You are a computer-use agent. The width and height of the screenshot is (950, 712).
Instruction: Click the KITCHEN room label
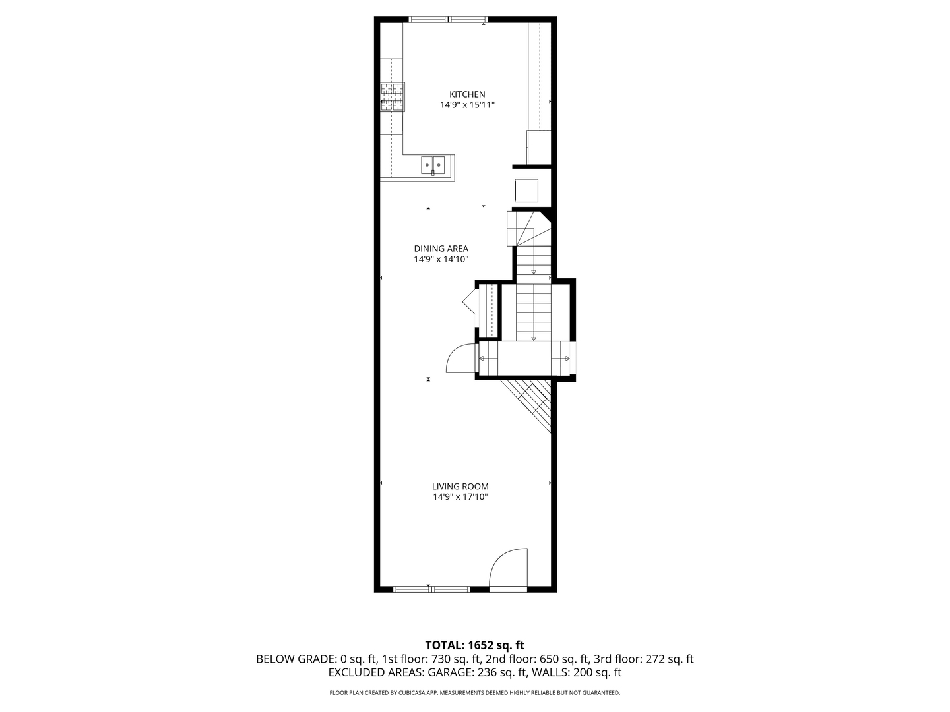[467, 94]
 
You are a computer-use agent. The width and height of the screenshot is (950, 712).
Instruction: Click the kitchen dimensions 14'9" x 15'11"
[467, 105]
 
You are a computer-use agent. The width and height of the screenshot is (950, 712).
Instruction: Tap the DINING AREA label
[441, 249]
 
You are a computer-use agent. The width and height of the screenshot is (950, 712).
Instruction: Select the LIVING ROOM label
[460, 487]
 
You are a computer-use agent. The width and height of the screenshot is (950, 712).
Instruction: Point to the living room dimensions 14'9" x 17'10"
[460, 497]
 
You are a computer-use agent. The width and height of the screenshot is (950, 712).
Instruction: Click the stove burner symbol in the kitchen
[392, 96]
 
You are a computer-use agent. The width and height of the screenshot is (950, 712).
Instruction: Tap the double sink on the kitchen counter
[433, 164]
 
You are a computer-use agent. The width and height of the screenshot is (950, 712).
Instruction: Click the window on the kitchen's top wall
[449, 20]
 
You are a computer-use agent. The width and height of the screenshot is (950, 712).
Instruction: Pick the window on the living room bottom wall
[431, 589]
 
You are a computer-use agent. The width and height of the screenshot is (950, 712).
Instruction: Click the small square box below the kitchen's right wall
[526, 191]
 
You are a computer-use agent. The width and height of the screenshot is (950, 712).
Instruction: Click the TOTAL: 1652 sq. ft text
[474, 645]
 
